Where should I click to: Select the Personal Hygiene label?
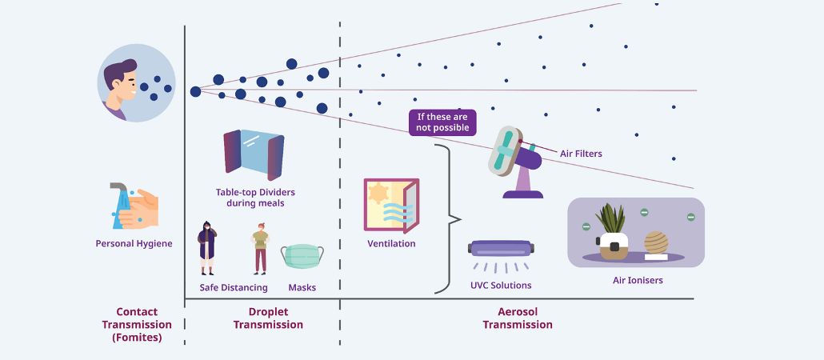(134, 244)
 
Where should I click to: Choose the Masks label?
(302, 287)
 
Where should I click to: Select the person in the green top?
(260, 248)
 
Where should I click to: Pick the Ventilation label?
(391, 244)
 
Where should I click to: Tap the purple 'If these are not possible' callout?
(442, 122)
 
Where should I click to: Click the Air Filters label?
(581, 154)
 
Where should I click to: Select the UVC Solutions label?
(501, 286)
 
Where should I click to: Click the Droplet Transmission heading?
(268, 318)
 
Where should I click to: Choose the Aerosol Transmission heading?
(518, 318)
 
